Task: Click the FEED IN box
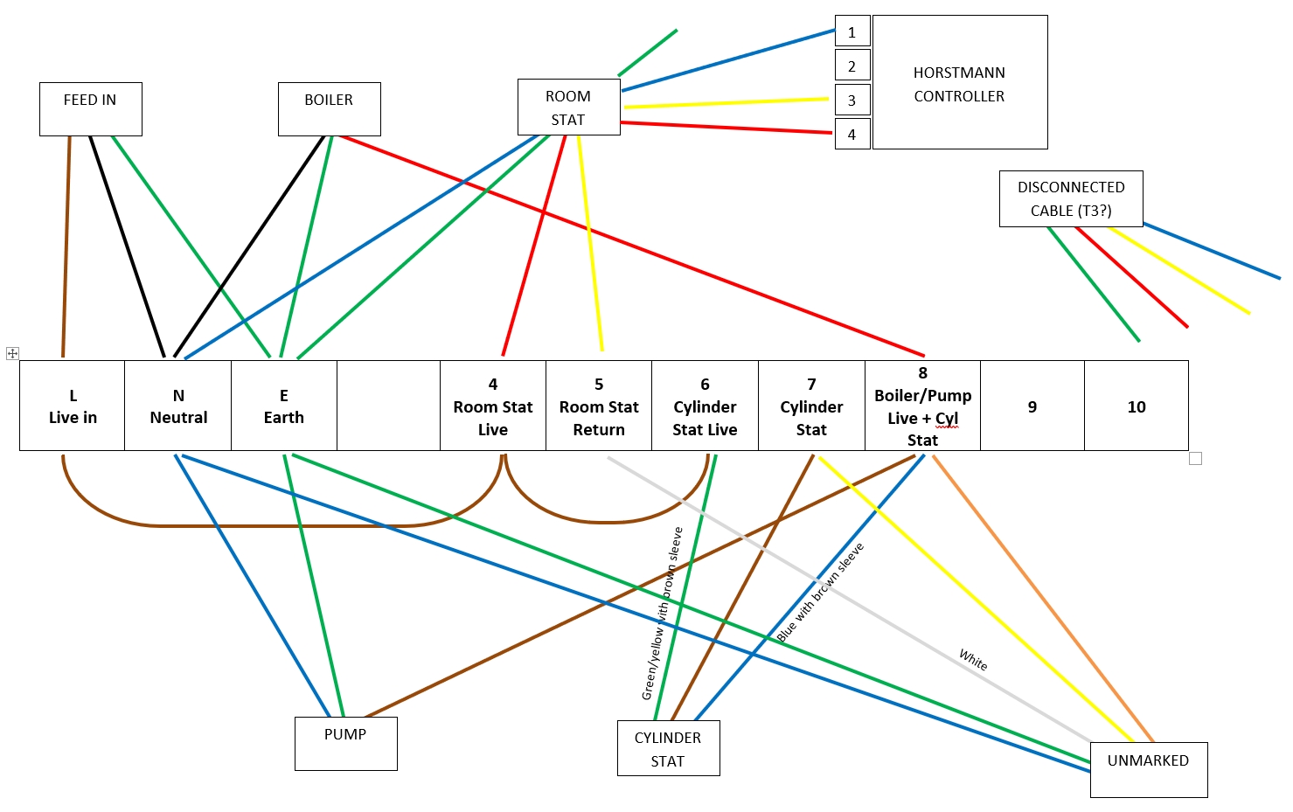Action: (x=90, y=109)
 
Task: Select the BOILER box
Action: (x=329, y=109)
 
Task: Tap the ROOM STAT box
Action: (x=568, y=108)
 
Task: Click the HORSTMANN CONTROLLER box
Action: (x=959, y=82)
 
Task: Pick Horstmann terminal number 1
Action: (x=852, y=32)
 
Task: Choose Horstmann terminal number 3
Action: (x=852, y=101)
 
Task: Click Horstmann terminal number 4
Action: (x=852, y=135)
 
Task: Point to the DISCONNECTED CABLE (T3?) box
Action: (x=1070, y=198)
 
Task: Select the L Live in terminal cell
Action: (x=73, y=406)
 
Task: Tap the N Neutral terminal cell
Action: (x=178, y=406)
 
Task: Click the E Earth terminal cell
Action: (x=284, y=406)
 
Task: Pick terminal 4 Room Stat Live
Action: (x=493, y=406)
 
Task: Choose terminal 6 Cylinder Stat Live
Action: (x=705, y=406)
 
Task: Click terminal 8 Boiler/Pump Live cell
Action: (x=922, y=406)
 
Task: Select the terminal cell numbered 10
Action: (x=1136, y=406)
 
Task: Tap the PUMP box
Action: (x=345, y=743)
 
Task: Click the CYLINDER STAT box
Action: (x=668, y=748)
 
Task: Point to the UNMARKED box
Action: (x=1148, y=769)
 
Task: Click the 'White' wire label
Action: (x=973, y=659)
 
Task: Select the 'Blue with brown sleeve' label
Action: (x=820, y=593)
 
